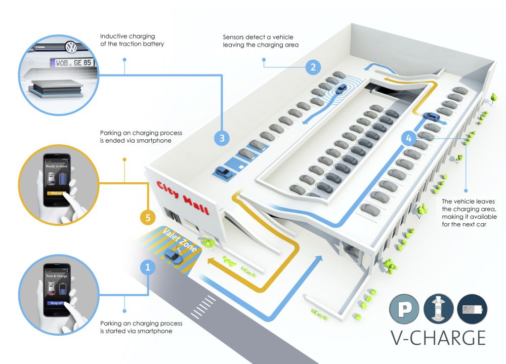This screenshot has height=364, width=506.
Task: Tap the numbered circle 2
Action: (314, 66)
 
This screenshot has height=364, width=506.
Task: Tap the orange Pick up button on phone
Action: (56, 193)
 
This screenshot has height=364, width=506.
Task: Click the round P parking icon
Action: (404, 309)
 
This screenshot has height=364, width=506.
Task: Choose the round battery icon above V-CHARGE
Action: (472, 309)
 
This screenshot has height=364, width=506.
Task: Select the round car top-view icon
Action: (438, 309)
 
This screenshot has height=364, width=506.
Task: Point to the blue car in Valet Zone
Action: (174, 257)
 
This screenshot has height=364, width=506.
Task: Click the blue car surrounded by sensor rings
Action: (342, 89)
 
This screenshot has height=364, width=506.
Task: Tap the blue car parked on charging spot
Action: (223, 172)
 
